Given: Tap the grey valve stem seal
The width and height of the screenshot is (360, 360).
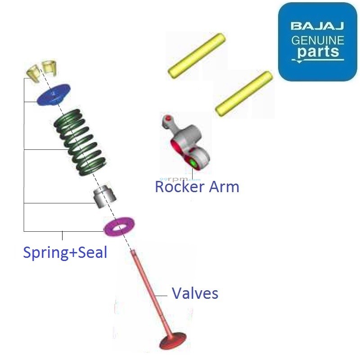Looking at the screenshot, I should [104, 196].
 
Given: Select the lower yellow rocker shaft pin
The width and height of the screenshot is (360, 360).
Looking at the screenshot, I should [244, 93].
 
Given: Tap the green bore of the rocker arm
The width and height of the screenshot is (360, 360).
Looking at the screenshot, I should [194, 163].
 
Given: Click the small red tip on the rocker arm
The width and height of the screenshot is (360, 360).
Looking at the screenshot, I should [168, 118].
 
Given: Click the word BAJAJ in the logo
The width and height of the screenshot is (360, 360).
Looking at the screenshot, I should [318, 26].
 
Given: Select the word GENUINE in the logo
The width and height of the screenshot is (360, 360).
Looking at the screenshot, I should [318, 40].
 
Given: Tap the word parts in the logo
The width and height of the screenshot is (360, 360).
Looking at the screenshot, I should [318, 52].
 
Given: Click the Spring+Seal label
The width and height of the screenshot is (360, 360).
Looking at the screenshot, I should [65, 252].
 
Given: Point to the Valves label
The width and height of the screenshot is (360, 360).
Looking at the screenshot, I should [195, 294].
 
